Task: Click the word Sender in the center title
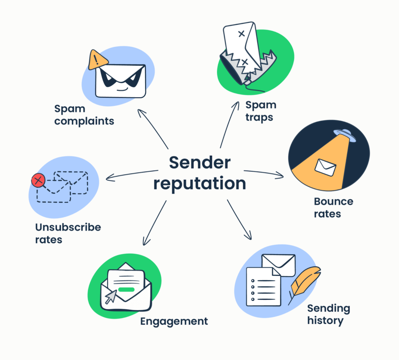click(x=199, y=163)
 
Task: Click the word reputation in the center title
click(x=199, y=183)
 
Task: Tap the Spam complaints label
click(x=84, y=114)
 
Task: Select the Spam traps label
click(x=261, y=111)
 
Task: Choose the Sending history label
click(x=328, y=314)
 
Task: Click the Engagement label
click(x=174, y=321)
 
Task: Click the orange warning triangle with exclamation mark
click(x=98, y=60)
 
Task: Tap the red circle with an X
click(x=38, y=180)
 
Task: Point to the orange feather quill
click(x=306, y=282)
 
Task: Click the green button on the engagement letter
click(x=126, y=290)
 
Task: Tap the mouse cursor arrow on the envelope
click(x=111, y=297)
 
